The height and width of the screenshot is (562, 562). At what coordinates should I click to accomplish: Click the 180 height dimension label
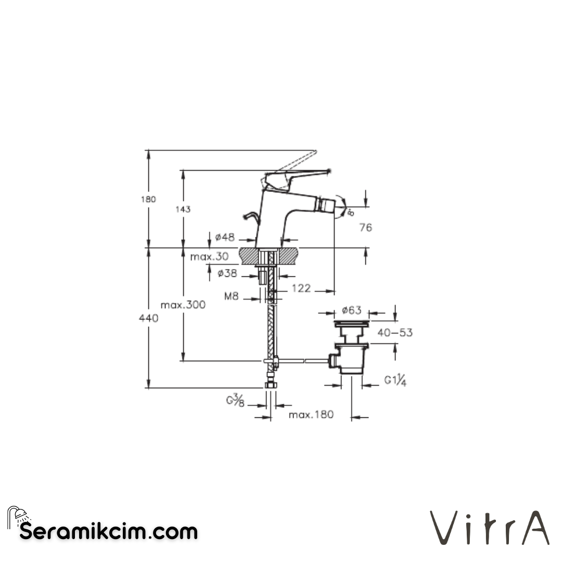pos(148,199)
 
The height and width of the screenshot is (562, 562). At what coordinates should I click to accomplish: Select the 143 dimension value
pos(183,209)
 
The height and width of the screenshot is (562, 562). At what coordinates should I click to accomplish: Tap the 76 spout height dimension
pos(366,227)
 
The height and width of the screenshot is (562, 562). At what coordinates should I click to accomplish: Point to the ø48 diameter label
pos(225,237)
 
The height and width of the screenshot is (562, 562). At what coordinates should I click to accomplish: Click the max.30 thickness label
pos(209,256)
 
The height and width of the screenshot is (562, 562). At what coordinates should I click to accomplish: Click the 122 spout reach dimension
pos(301,288)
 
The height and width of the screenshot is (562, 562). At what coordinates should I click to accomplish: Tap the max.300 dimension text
pos(183,305)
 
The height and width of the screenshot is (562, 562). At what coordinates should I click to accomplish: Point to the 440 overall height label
pos(149,318)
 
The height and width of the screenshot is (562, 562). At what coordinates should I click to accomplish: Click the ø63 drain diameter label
pos(351,311)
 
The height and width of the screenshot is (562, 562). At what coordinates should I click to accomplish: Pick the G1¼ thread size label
pos(395,380)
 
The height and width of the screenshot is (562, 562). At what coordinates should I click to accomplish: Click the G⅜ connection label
pos(235,400)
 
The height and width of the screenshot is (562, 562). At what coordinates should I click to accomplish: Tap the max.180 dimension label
pos(311,415)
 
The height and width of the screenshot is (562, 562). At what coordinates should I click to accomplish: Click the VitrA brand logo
pos(489,528)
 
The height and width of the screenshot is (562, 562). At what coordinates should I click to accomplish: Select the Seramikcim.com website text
pos(109,532)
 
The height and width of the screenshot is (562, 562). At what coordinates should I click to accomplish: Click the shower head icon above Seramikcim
pos(18,516)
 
